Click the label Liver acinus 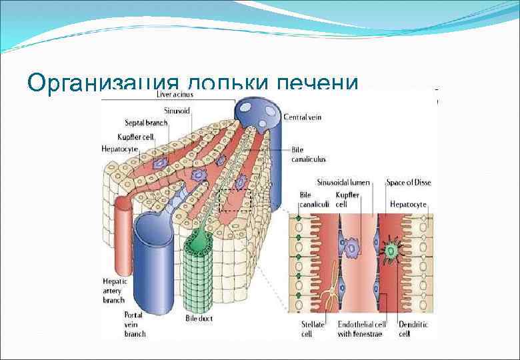tap(175, 95)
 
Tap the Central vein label tap(304, 117)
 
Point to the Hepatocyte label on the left tap(121, 148)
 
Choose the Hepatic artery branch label tap(114, 291)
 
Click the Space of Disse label tap(407, 181)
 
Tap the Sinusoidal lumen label tap(340, 181)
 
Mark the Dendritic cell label tap(413, 329)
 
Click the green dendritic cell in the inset tap(391, 251)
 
